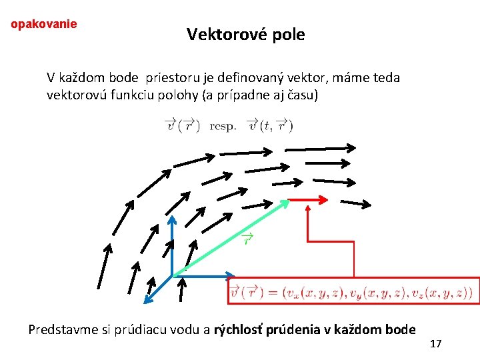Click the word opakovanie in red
coord(44,24)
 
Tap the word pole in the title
coord(287,35)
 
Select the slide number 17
coord(436,344)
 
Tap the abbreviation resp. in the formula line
coord(223,125)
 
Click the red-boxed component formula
coord(351,291)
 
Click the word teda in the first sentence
coord(385,78)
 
